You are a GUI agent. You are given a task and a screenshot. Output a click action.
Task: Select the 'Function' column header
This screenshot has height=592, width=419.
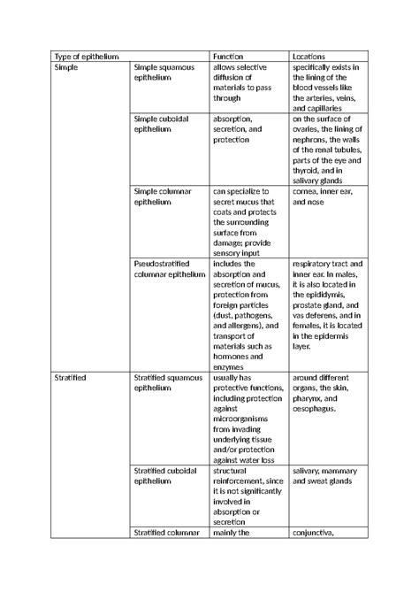(x=230, y=57)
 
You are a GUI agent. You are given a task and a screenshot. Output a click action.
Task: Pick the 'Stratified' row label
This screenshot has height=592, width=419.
(x=72, y=378)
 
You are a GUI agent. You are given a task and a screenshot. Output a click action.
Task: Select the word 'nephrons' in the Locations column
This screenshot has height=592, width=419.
(x=309, y=139)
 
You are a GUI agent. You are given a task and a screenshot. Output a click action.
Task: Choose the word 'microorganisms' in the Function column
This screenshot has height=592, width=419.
(x=243, y=419)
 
